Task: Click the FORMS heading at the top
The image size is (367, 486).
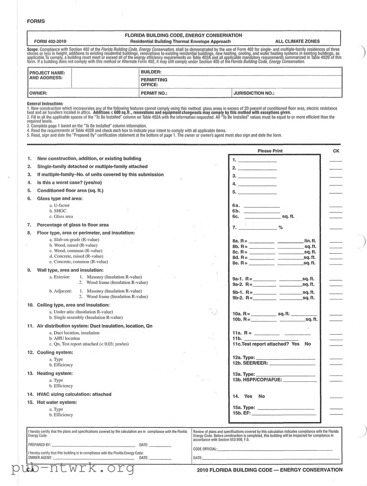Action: (36, 21)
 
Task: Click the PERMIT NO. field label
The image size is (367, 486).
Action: (154, 93)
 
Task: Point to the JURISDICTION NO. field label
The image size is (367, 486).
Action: (254, 93)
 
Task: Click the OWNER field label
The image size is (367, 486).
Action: (39, 93)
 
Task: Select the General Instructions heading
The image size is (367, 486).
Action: (45, 104)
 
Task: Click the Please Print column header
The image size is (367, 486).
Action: (271, 151)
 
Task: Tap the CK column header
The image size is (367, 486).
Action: (336, 151)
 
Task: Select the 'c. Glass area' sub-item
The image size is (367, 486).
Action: (61, 217)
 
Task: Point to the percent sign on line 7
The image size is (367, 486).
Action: (280, 228)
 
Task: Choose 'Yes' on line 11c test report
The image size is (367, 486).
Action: (295, 344)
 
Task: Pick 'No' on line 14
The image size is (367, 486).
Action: (261, 396)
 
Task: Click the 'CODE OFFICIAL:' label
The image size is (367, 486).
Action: (205, 449)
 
